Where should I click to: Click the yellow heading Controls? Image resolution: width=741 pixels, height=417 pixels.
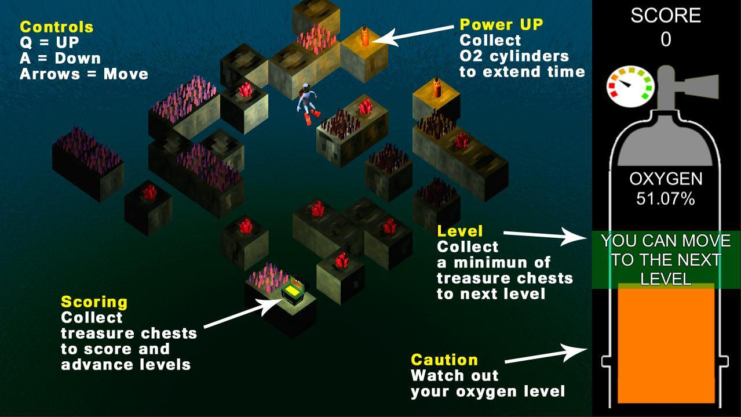(57, 27)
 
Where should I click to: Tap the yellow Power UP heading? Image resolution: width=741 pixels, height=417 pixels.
(502, 24)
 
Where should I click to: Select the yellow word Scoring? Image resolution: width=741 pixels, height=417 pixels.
(94, 303)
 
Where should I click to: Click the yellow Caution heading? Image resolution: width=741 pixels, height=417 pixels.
(444, 360)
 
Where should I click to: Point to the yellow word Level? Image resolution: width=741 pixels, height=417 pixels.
(460, 231)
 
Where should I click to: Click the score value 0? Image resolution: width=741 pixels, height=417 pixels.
(666, 40)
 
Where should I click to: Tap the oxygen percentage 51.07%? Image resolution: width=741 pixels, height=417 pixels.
(666, 199)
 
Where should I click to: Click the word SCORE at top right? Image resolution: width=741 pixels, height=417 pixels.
(666, 15)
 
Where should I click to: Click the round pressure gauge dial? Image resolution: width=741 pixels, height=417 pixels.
(630, 86)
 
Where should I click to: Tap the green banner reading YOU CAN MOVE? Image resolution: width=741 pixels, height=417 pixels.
(666, 260)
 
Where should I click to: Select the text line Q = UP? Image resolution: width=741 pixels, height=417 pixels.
(49, 42)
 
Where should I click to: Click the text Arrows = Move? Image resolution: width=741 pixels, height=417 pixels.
(84, 74)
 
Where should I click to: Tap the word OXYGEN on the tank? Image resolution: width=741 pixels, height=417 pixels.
(666, 179)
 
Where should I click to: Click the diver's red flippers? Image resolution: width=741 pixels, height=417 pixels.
(312, 116)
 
